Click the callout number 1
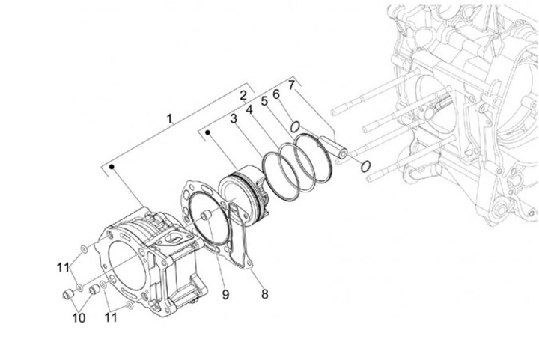169,119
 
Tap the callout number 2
243,95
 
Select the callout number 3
234,119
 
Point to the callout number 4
249,110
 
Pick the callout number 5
264,101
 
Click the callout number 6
276,94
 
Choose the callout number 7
291,85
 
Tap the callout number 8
264,293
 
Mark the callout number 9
225,294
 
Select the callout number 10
79,318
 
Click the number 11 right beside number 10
111,317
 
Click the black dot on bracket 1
112,167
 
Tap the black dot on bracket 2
207,132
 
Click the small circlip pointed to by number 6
295,126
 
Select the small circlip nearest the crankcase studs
365,166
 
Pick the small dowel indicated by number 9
206,216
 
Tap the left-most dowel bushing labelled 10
68,294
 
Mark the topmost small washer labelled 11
83,248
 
